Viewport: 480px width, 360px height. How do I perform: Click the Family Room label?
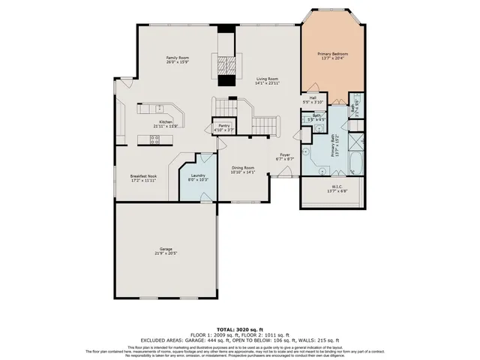pyautogui.click(x=178, y=58)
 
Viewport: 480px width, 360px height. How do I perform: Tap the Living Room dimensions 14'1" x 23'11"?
pyautogui.click(x=267, y=82)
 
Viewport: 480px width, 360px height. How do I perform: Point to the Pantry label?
pyautogui.click(x=224, y=126)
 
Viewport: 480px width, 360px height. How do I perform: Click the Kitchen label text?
pyautogui.click(x=165, y=121)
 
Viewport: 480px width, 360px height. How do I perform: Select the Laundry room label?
pyautogui.click(x=198, y=175)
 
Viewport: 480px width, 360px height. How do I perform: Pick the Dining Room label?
pyautogui.click(x=243, y=168)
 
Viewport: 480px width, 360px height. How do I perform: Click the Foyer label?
pyautogui.click(x=285, y=155)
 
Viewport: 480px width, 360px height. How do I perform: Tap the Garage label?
pyautogui.click(x=165, y=249)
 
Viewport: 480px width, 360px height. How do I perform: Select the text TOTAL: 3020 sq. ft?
pyautogui.click(x=240, y=329)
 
